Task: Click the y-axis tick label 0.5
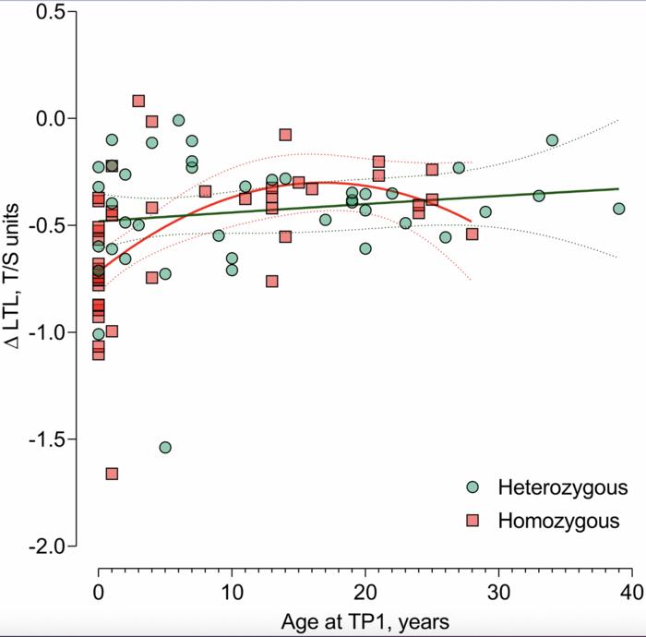[50, 11]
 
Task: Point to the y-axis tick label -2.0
[46, 546]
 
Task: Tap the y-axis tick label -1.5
[46, 439]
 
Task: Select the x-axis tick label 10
[232, 593]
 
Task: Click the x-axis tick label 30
[498, 593]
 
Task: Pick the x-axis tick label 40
[631, 593]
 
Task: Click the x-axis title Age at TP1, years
[365, 622]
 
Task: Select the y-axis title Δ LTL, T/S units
[12, 276]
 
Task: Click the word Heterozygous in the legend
[563, 487]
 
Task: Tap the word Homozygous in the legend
[558, 521]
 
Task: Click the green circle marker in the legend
[473, 487]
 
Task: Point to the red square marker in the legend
[473, 521]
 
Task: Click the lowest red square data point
[112, 474]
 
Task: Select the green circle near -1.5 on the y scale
[165, 448]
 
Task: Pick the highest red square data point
[138, 101]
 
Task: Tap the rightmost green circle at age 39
[619, 209]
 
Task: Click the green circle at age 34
[552, 140]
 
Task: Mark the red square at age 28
[473, 234]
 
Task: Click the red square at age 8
[205, 192]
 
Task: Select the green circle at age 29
[485, 212]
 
